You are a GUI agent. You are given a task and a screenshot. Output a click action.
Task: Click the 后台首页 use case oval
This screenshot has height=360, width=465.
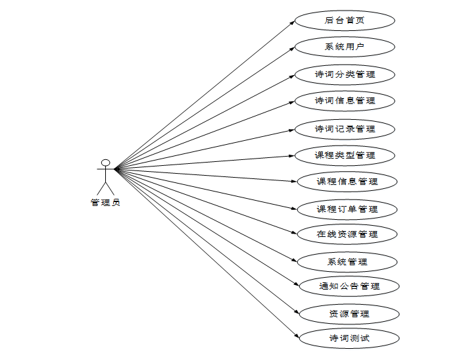(345, 20)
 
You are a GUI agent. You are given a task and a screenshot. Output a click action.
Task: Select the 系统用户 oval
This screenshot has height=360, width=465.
(345, 47)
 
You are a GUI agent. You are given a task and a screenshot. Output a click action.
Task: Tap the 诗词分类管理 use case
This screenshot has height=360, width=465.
(345, 74)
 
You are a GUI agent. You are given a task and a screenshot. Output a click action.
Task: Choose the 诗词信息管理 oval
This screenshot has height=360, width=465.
(345, 101)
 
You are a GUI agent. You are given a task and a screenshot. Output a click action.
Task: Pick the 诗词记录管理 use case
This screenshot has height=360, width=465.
(345, 128)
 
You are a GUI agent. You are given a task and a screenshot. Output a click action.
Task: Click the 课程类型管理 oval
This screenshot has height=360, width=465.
(345, 155)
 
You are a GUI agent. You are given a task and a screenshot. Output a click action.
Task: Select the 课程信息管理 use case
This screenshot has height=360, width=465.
(347, 181)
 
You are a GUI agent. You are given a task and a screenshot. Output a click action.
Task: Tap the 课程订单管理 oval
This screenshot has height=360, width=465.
(347, 209)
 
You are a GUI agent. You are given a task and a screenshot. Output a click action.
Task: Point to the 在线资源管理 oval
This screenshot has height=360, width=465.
(347, 234)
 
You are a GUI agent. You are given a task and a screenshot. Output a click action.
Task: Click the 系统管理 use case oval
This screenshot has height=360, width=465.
(347, 262)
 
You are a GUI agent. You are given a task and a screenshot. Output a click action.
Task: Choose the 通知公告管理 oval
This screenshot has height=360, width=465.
(349, 286)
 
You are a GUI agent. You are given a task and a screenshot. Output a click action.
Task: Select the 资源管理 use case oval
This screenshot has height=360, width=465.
(349, 314)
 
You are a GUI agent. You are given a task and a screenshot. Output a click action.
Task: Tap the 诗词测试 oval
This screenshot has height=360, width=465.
(349, 339)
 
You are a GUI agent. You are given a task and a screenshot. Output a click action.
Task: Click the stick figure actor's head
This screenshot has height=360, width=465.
(105, 163)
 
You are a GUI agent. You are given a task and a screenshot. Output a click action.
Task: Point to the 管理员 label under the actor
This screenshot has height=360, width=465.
(105, 203)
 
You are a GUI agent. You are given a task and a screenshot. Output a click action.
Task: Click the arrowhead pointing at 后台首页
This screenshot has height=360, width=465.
(292, 22)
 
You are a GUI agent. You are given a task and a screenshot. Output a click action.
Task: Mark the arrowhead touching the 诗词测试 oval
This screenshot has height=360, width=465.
(296, 337)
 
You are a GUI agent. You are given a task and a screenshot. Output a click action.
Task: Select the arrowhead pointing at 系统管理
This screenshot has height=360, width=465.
(295, 261)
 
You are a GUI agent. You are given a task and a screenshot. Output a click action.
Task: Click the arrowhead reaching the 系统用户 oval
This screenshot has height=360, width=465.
(291, 48)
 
